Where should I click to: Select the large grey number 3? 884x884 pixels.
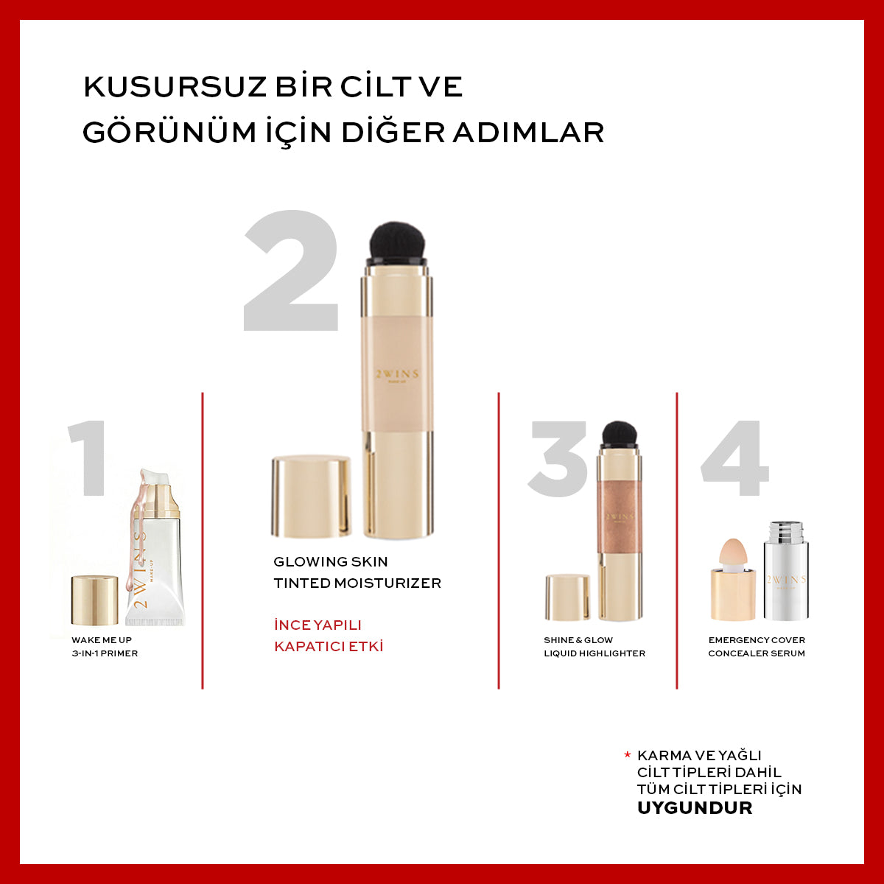558,458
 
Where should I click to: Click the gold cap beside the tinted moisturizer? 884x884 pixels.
311,497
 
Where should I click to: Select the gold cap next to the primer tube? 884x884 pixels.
94,600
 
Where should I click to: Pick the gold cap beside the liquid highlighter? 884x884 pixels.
567,597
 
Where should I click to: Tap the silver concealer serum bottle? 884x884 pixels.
785,571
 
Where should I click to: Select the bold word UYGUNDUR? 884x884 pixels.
694,807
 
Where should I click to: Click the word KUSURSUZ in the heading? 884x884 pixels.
175,87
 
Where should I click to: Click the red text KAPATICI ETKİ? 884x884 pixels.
329,647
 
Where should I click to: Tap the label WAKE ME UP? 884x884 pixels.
102,640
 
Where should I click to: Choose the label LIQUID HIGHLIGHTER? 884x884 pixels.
594,653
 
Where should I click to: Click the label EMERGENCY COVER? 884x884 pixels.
757,640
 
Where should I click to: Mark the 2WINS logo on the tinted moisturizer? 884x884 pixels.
396,374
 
